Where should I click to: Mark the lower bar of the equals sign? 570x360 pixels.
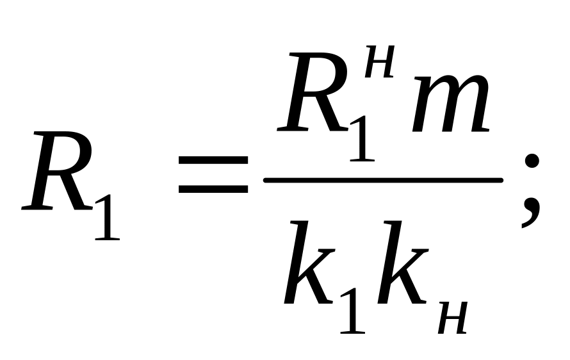tap(213, 190)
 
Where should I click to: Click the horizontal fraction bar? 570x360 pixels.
tap(383, 180)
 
